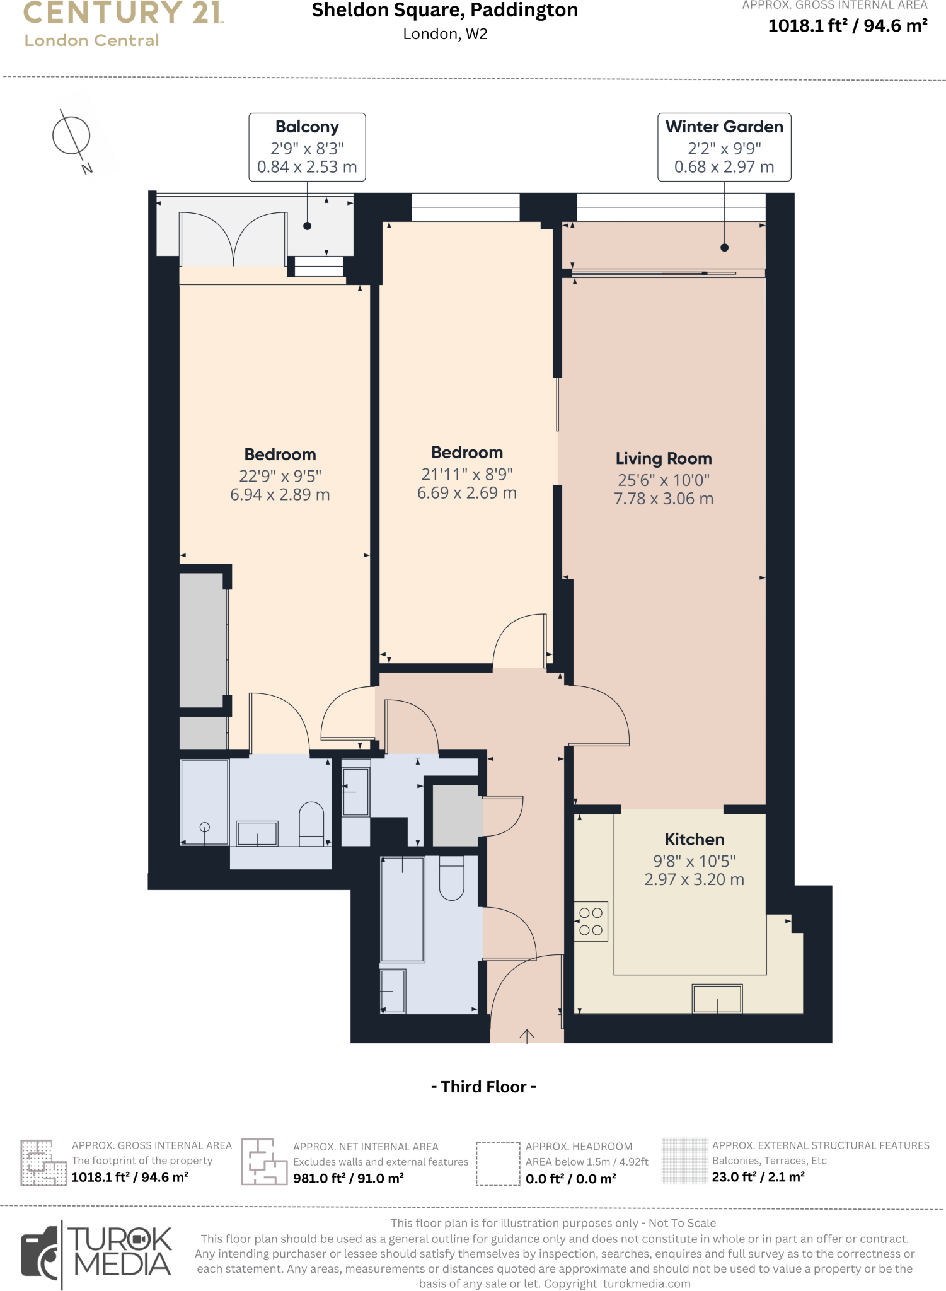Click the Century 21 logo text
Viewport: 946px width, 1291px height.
tap(123, 13)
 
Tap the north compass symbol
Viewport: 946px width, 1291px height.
tap(72, 136)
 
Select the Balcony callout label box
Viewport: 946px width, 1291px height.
tap(307, 147)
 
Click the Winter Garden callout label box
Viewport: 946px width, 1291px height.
tap(724, 147)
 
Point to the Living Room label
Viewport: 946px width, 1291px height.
tap(664, 458)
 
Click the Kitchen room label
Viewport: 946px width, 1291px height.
tap(695, 839)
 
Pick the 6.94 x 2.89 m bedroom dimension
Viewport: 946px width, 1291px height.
tap(280, 495)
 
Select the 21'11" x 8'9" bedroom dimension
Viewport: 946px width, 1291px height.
tap(467, 474)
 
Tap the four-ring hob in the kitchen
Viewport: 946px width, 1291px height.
tap(591, 921)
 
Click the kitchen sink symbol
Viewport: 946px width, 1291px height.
tap(717, 999)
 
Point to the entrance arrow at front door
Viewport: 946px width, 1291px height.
tap(527, 1035)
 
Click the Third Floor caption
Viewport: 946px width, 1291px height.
tap(483, 1087)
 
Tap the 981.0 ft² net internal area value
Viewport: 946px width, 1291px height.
tap(348, 1178)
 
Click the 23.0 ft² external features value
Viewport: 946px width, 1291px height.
tap(758, 1177)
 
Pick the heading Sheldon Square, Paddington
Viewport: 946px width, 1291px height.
tap(445, 11)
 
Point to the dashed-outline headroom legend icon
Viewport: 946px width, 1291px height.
tap(497, 1164)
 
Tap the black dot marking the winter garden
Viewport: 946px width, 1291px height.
tap(724, 248)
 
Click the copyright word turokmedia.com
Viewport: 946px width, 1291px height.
tap(647, 1283)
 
